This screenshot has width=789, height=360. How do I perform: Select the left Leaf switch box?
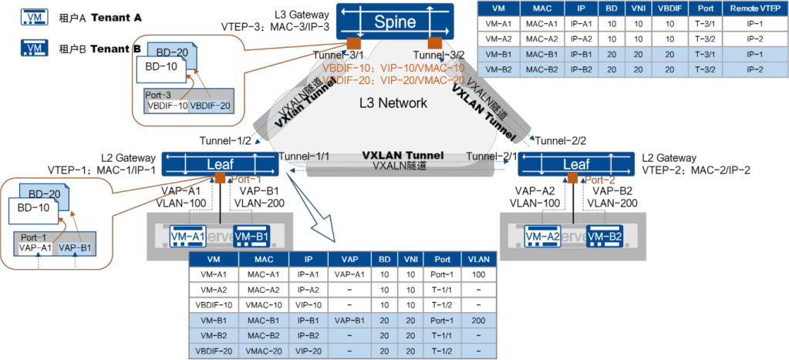coord(217,163)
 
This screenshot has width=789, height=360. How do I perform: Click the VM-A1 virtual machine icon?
coord(187,235)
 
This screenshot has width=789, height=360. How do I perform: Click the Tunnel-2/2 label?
coord(561,140)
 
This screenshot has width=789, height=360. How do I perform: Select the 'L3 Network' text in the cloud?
coord(393,103)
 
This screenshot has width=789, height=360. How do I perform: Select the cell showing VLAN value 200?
coord(477,319)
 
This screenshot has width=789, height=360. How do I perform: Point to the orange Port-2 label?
coord(597,180)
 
